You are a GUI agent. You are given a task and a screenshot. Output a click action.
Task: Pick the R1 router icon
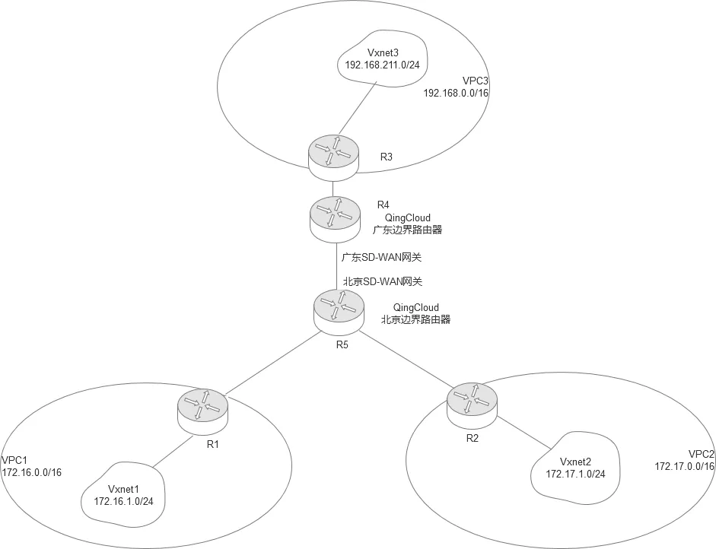[x=202, y=409]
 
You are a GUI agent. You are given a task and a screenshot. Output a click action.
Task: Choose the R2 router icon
[x=471, y=403]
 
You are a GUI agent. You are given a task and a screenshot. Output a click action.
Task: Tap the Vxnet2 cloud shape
[x=575, y=468]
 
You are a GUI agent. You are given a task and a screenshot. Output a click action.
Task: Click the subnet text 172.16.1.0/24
[x=126, y=501]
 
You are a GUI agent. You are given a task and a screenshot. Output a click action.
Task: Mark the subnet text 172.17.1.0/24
[x=576, y=474]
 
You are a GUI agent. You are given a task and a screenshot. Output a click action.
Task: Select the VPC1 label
[x=14, y=460]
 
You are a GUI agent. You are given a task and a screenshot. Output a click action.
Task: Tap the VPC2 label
[x=700, y=454]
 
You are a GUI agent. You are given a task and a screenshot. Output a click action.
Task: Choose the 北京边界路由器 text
[x=415, y=319]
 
